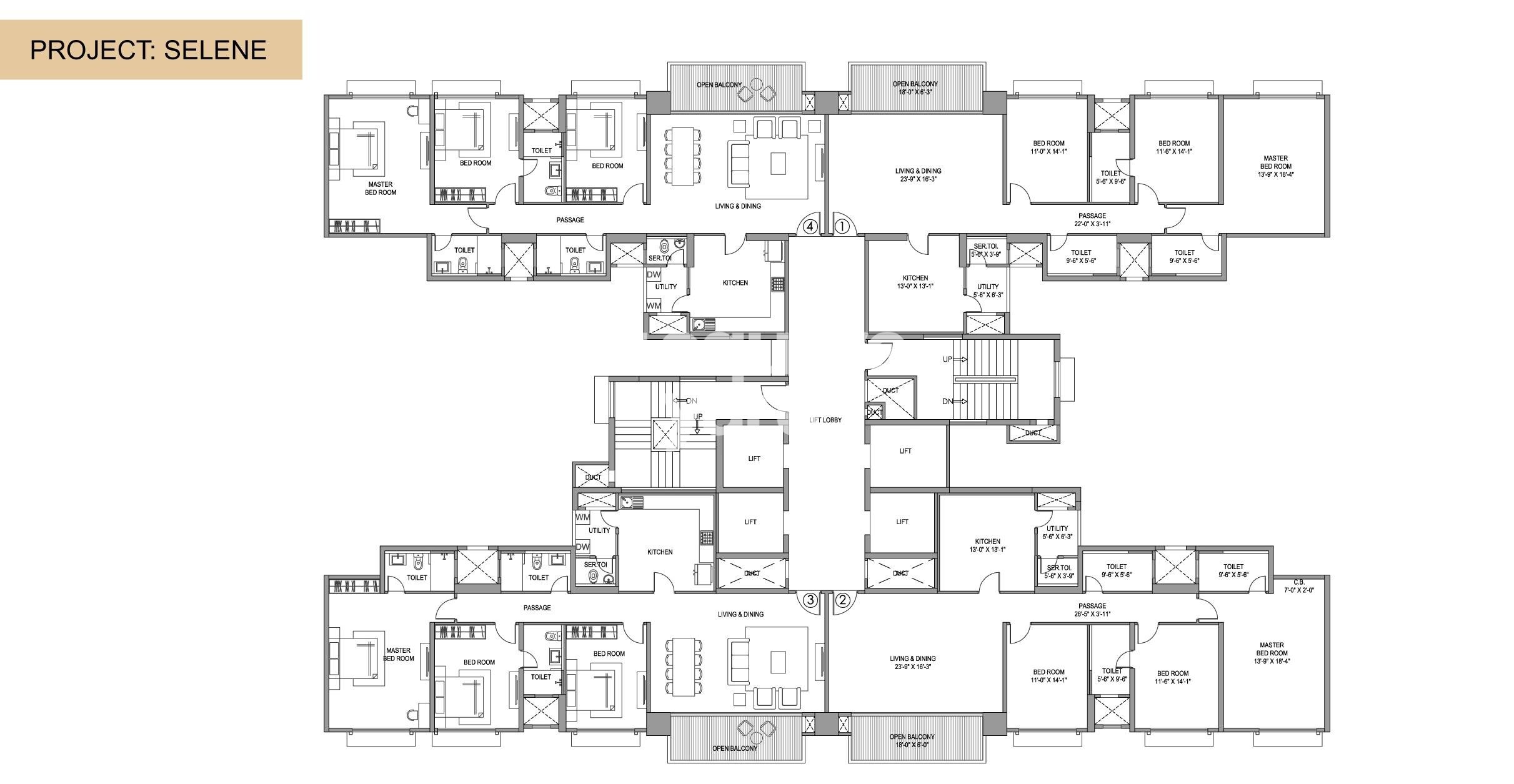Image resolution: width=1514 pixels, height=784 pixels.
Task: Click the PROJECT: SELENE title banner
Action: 150,50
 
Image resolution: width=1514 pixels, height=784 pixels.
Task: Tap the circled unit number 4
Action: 810,226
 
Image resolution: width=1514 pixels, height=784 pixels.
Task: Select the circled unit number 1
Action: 842,226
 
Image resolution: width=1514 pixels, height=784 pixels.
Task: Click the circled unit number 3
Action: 810,600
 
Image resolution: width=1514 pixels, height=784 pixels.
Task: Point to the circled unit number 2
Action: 842,600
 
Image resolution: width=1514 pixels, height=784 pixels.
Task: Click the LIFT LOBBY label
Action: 825,420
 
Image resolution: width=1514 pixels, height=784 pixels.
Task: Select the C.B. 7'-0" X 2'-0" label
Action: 1299,586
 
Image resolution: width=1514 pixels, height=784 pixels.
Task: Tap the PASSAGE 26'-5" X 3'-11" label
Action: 1092,610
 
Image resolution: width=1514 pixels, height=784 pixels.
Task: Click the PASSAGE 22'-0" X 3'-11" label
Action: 1092,220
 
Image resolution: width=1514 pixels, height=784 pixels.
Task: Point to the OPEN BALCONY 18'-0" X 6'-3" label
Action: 914,88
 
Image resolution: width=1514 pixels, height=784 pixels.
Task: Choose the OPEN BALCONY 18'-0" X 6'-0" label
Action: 912,741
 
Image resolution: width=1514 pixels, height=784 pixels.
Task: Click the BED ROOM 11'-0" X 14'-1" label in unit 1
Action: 1048,147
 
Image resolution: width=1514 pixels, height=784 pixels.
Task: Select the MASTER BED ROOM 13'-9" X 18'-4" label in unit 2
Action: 1272,653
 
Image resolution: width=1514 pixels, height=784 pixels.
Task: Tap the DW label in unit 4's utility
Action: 654,275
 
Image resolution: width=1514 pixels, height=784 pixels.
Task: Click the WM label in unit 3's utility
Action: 582,517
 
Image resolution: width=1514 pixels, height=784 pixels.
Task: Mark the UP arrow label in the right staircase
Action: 949,360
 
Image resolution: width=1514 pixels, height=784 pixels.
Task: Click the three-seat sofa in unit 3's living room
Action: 739,664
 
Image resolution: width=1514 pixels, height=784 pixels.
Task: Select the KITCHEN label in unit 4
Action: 735,283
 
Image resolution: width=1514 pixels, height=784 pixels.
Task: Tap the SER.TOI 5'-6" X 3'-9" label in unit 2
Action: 1058,572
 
